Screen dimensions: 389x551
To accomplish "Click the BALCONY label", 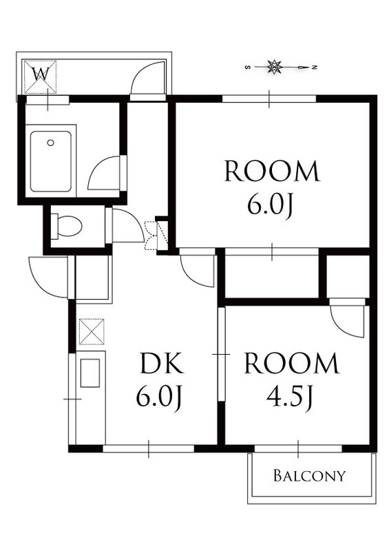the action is [x=309, y=476].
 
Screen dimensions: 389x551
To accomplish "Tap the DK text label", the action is [x=161, y=363].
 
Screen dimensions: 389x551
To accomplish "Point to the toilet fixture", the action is [x=66, y=226].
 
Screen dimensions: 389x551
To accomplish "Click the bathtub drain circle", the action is [x=50, y=143].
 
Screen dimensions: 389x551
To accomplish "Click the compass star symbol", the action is [x=275, y=67].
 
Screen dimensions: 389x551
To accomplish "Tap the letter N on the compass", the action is [x=315, y=67].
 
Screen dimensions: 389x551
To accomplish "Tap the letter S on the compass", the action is [x=248, y=67].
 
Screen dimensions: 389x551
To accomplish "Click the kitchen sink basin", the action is [x=90, y=373].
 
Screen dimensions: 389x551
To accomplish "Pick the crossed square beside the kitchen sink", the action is [x=92, y=331].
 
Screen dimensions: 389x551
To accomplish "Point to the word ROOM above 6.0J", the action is [x=272, y=171].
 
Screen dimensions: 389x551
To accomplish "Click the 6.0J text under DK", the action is [x=159, y=397].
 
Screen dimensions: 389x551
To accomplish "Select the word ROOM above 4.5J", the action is [x=292, y=363].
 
